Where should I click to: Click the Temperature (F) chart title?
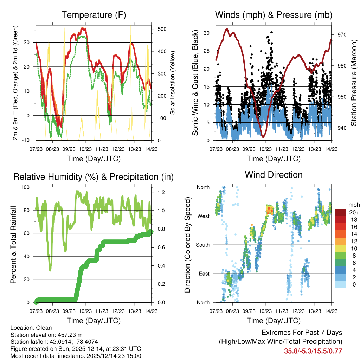click(94, 15)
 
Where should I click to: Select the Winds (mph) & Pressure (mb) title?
click(274, 15)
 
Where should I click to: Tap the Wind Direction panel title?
click(274, 174)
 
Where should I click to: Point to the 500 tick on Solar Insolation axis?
click(162, 29)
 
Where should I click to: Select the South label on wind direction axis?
click(203, 245)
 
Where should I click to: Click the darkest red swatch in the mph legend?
click(340, 212)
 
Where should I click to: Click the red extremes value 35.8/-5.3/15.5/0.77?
click(313, 351)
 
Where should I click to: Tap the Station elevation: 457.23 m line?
click(46, 335)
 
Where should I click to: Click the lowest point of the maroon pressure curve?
click(263, 136)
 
